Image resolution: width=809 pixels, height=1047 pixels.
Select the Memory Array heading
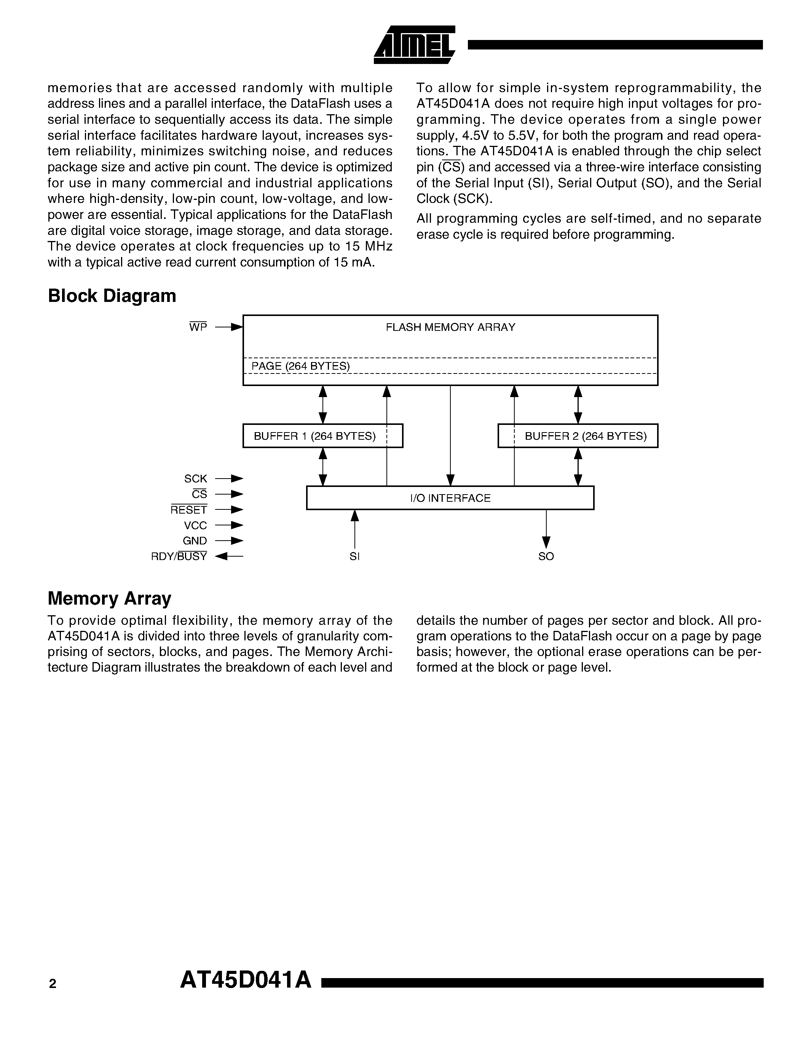[x=110, y=598]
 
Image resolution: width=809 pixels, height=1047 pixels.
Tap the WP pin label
[x=198, y=327]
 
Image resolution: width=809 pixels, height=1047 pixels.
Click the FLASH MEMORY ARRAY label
[x=450, y=327]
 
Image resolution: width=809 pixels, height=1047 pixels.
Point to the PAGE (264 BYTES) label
[x=300, y=366]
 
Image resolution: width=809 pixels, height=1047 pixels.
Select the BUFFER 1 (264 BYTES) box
[x=322, y=436]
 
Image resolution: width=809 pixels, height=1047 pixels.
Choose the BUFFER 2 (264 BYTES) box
[x=578, y=436]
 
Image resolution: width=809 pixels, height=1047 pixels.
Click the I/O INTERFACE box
[x=450, y=498]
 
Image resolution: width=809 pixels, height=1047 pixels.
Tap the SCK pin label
[x=196, y=479]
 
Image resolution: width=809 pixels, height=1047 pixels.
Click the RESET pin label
[x=189, y=509]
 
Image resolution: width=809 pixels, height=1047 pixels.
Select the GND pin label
[x=195, y=541]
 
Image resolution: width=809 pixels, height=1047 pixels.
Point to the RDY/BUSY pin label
[x=179, y=556]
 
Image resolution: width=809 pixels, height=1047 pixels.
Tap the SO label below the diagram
[x=546, y=556]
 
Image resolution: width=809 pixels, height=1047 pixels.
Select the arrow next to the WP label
[x=229, y=327]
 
